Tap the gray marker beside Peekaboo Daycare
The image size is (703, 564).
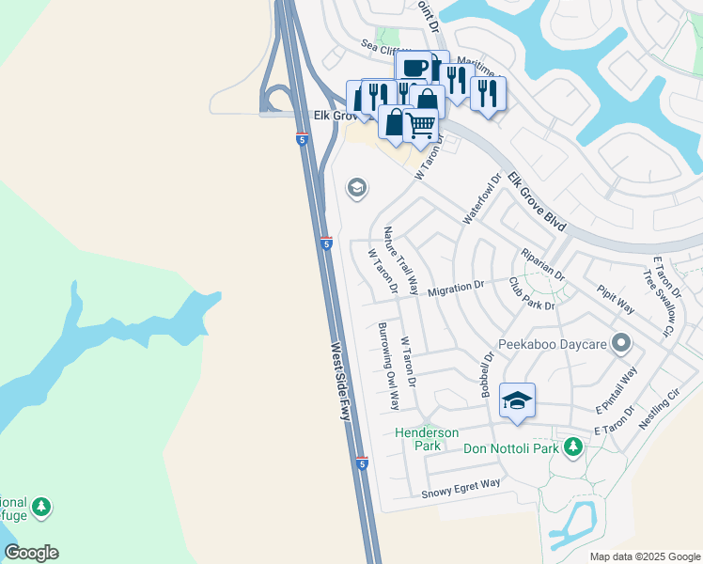click(x=620, y=344)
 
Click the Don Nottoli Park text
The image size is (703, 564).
click(x=511, y=448)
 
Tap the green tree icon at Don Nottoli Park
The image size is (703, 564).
click(x=571, y=447)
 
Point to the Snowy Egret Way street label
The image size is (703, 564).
click(x=461, y=488)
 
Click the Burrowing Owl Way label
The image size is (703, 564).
click(x=388, y=366)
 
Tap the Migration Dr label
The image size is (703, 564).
click(x=455, y=288)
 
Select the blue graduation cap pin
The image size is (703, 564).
click(x=517, y=399)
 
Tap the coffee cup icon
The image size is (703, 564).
click(x=414, y=67)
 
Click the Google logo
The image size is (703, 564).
click(x=31, y=553)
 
